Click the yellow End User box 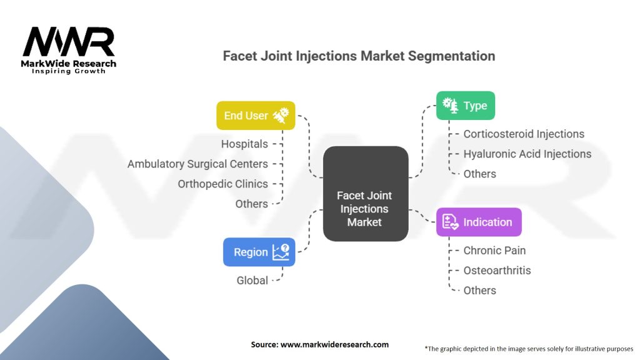point(256,116)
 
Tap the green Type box point(465,106)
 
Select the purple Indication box point(479,222)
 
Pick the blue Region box point(259,252)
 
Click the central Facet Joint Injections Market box point(365,194)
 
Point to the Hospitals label point(244,144)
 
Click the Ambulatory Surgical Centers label point(197,164)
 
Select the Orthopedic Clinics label point(223,184)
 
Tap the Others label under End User point(251,204)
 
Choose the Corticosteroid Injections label point(524,134)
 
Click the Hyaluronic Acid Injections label point(527,154)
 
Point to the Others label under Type point(479,174)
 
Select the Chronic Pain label point(494,250)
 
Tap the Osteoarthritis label point(497,270)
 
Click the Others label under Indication point(479,290)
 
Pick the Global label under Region point(252,281)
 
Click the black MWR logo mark point(69,42)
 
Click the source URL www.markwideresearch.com point(334,344)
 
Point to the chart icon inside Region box point(281,252)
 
